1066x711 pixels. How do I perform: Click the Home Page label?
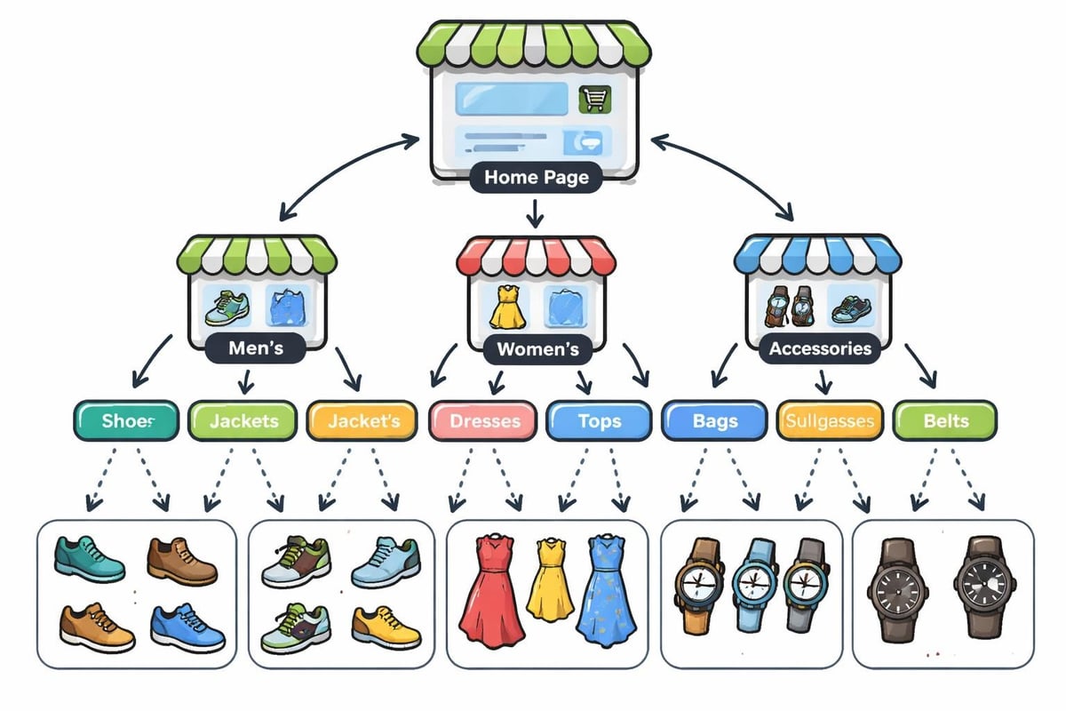click(x=536, y=177)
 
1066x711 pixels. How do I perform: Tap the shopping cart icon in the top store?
click(x=592, y=99)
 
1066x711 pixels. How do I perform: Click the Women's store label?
click(x=537, y=348)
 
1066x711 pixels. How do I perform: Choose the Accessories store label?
click(x=820, y=348)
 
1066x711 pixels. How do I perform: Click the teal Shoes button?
click(x=128, y=420)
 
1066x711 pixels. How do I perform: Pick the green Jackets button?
click(x=243, y=420)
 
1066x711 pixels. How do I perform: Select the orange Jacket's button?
click(x=362, y=420)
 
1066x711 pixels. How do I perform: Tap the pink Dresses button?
click(x=484, y=421)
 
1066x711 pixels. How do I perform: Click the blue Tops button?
click(x=599, y=420)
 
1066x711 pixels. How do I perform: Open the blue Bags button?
click(x=715, y=420)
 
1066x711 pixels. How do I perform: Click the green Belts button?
click(x=945, y=420)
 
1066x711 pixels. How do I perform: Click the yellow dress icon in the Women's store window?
click(x=504, y=306)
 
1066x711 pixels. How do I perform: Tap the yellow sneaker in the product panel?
click(x=386, y=626)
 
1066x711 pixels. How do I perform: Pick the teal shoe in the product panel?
click(x=90, y=557)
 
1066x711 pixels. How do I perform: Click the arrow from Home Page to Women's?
click(x=534, y=213)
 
